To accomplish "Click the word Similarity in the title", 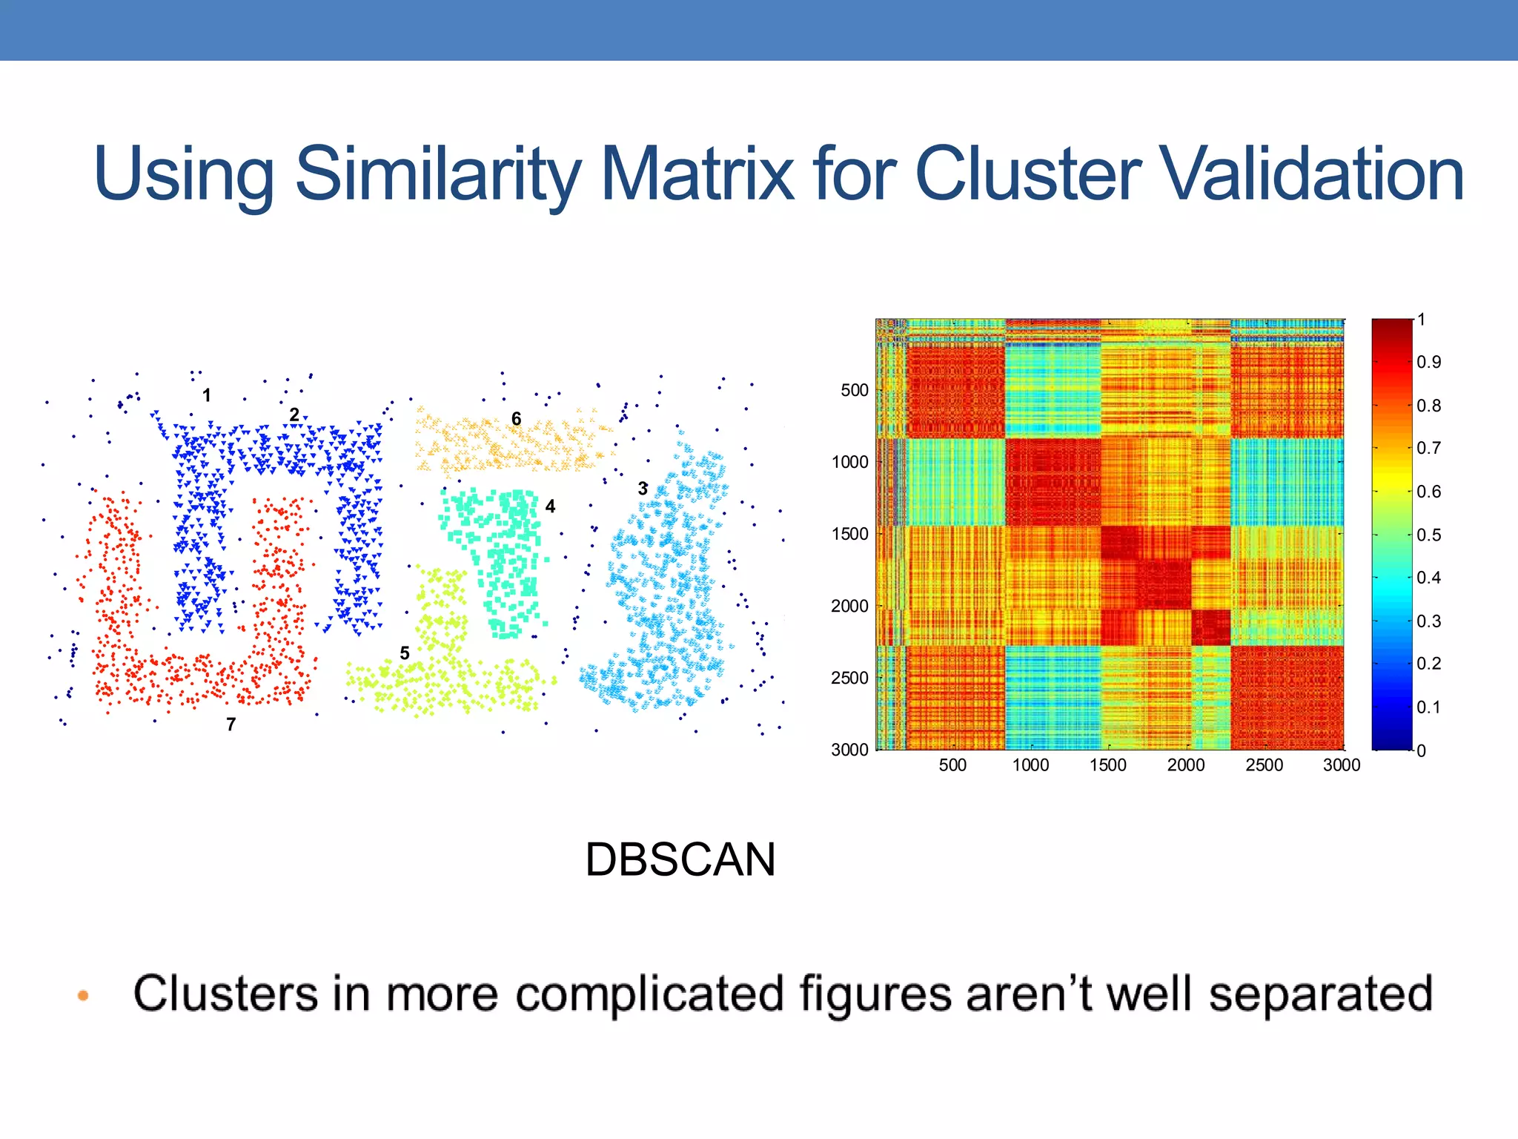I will tap(437, 174).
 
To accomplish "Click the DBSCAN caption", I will tap(680, 859).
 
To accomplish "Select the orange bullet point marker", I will tap(83, 995).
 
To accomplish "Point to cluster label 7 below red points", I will tap(231, 724).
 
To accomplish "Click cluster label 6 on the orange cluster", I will tap(517, 419).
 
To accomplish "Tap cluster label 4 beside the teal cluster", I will tap(550, 506).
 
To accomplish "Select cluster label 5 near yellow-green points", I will tap(405, 653).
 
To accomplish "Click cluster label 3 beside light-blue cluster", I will tap(643, 489).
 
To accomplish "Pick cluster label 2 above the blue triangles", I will tap(294, 415).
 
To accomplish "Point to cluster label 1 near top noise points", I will tap(207, 395).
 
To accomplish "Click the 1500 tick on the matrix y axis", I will tap(849, 534).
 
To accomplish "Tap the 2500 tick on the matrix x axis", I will tap(1264, 765).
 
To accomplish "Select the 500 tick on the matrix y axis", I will tap(854, 390).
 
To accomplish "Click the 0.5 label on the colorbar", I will tap(1428, 535).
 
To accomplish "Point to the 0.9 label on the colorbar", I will tap(1428, 362).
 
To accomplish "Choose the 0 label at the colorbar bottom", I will tap(1421, 750).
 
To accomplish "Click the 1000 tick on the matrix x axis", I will tap(1030, 765).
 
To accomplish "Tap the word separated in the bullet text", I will tap(1320, 994).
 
